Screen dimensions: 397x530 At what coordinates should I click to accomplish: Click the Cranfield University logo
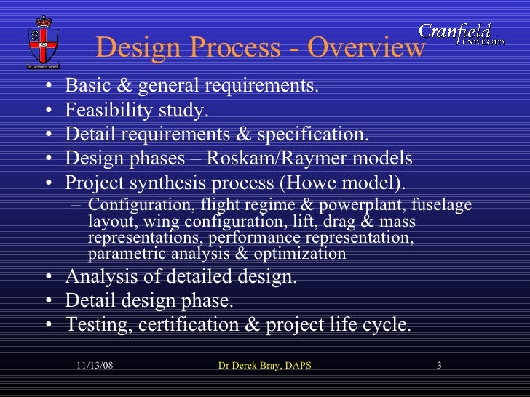(x=462, y=33)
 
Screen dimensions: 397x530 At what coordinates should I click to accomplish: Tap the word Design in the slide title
(x=133, y=49)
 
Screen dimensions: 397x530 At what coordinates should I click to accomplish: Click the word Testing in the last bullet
(x=95, y=325)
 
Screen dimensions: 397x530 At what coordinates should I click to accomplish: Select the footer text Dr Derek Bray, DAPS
(x=265, y=365)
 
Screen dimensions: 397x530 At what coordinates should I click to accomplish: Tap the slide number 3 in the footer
(x=440, y=365)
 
